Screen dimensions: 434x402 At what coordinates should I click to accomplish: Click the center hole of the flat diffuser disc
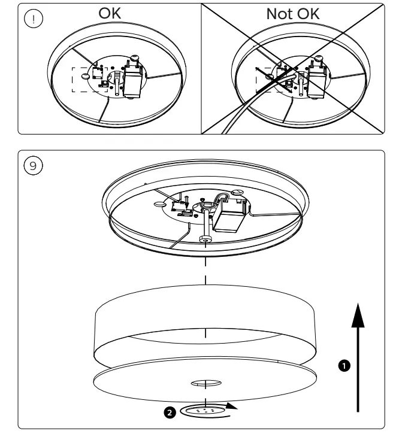pyautogui.click(x=205, y=381)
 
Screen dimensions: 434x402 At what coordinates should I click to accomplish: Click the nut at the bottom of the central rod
pyautogui.click(x=205, y=239)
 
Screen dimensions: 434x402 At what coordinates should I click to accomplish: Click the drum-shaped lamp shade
pyautogui.click(x=205, y=326)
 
